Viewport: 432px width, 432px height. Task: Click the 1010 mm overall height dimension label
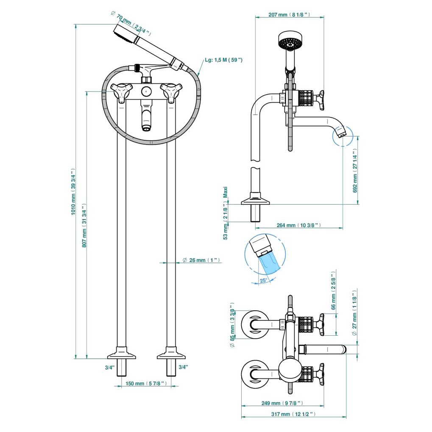pyautogui.click(x=73, y=192)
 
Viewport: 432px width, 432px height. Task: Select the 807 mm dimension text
pyautogui.click(x=84, y=226)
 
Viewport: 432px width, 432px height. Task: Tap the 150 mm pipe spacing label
pyautogui.click(x=146, y=384)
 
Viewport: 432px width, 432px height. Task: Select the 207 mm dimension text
pyautogui.click(x=289, y=14)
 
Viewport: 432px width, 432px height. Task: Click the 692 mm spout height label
pyautogui.click(x=355, y=170)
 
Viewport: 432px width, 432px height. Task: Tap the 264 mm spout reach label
pyautogui.click(x=299, y=225)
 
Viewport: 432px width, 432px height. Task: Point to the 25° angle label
pyautogui.click(x=263, y=281)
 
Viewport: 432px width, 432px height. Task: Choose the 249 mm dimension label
pyautogui.click(x=282, y=403)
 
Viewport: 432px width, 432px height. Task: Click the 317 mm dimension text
pyautogui.click(x=293, y=414)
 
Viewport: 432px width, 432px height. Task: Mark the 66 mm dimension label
pyautogui.click(x=333, y=291)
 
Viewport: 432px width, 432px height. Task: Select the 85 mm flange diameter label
pyautogui.click(x=232, y=325)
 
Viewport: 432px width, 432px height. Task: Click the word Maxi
pyautogui.click(x=226, y=192)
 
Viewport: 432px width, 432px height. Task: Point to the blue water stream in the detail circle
pyautogui.click(x=269, y=264)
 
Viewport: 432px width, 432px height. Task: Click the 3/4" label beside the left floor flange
pyautogui.click(x=110, y=368)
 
